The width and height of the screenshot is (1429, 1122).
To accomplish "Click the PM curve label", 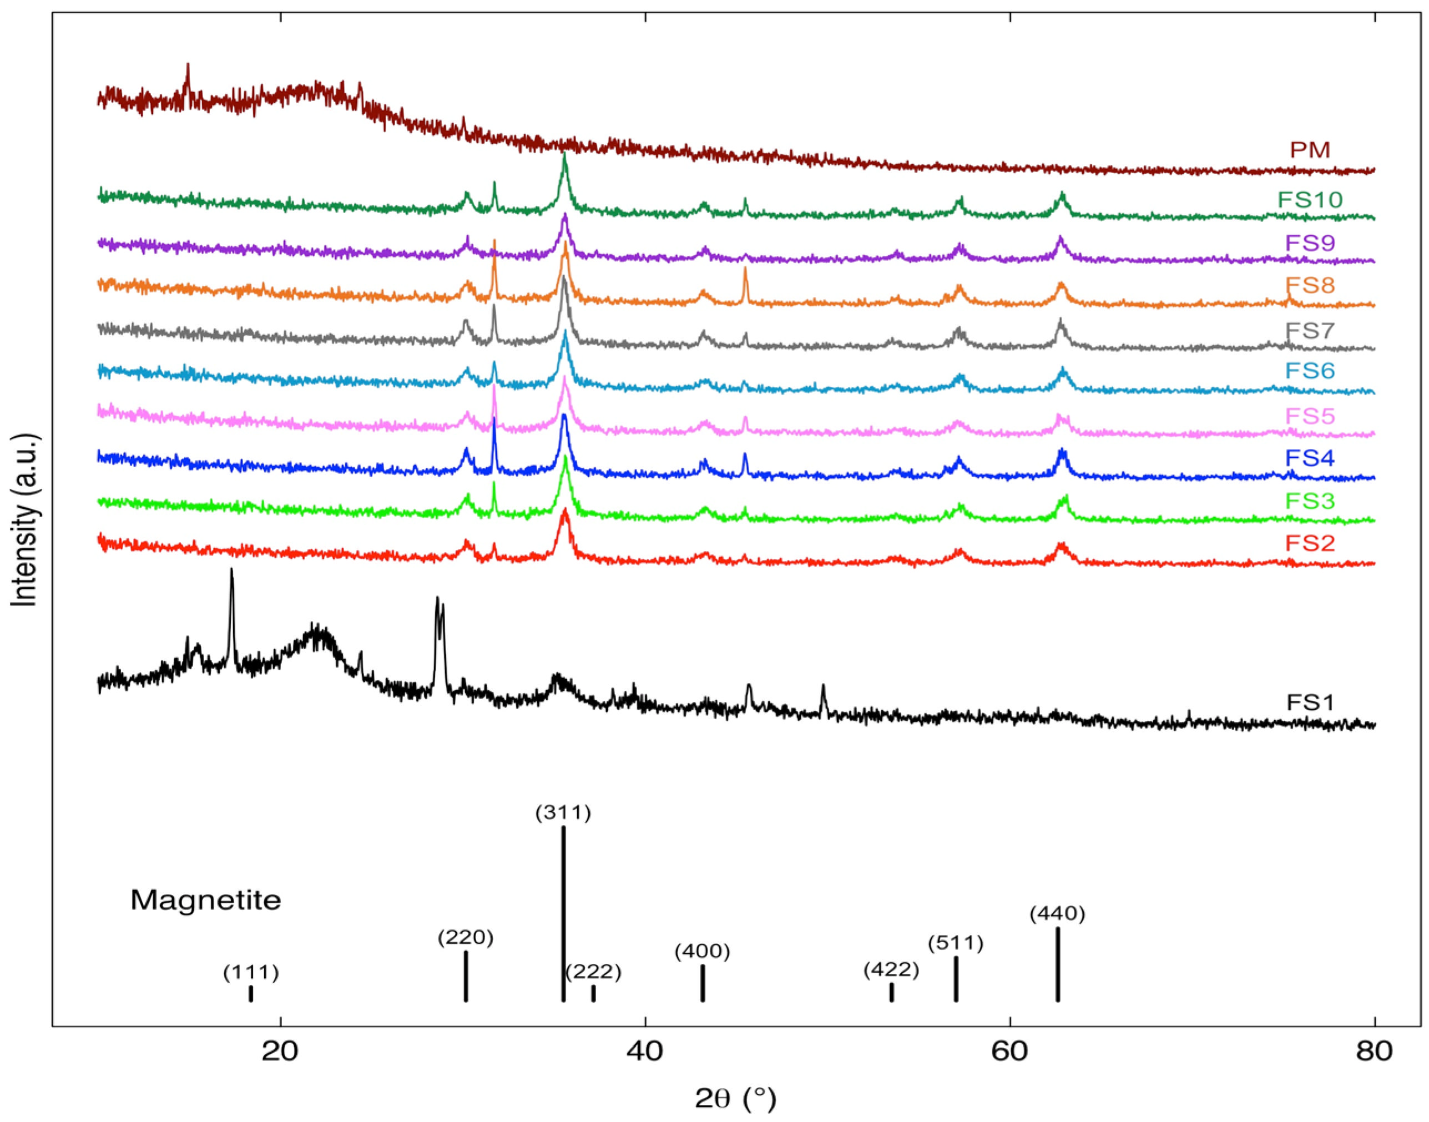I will pyautogui.click(x=1310, y=150).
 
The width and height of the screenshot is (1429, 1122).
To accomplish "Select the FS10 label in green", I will pyautogui.click(x=1310, y=200).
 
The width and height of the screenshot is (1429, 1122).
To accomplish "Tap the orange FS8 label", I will pyautogui.click(x=1310, y=285).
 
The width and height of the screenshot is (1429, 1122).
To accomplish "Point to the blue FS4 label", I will pyautogui.click(x=1310, y=458).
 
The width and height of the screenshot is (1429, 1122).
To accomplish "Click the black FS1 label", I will pyautogui.click(x=1310, y=703).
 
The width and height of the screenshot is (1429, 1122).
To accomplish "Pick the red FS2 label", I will pyautogui.click(x=1310, y=543).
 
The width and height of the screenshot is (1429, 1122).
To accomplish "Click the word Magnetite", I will pyautogui.click(x=206, y=900).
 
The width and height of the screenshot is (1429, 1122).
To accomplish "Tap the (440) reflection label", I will pyautogui.click(x=1057, y=914).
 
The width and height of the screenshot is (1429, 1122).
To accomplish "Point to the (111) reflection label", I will pyautogui.click(x=251, y=972).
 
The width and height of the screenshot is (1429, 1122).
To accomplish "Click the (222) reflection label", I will pyautogui.click(x=593, y=971).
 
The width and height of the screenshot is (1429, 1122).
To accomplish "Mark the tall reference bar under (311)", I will pyautogui.click(x=563, y=913).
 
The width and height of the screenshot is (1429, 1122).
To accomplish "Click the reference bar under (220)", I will pyautogui.click(x=466, y=976).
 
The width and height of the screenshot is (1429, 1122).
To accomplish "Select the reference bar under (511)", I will pyautogui.click(x=956, y=979).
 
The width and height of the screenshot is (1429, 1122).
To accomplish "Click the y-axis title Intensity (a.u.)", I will pyautogui.click(x=25, y=519).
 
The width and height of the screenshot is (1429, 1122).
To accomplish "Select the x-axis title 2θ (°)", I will pyautogui.click(x=735, y=1098).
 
